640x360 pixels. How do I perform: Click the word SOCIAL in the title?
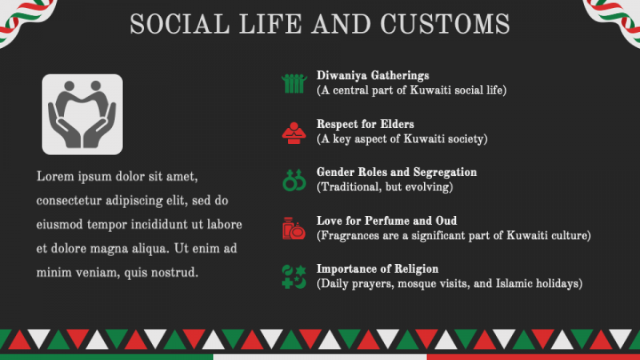[x=173, y=24]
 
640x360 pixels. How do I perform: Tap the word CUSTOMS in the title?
[x=450, y=24]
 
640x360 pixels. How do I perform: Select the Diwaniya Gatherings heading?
[x=372, y=76]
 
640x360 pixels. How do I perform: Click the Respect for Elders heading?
[x=365, y=124]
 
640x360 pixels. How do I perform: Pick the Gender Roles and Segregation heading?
[x=396, y=172]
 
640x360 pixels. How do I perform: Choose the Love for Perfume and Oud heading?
[x=387, y=220]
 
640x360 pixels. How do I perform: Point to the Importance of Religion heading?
[x=377, y=268]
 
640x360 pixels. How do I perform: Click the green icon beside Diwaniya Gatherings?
[x=293, y=84]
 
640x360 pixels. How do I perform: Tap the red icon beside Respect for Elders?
[x=293, y=132]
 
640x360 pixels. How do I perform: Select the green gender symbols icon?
[x=293, y=180]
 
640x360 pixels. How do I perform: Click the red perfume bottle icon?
[x=293, y=228]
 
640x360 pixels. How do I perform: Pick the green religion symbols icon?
[x=293, y=276]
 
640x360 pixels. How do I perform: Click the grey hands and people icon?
[x=83, y=114]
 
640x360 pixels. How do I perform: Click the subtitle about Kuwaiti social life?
[x=412, y=91]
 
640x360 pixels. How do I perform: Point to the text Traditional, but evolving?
[x=385, y=187]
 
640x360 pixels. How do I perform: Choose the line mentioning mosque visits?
[x=449, y=283]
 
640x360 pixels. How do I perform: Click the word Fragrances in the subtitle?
[x=350, y=235]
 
